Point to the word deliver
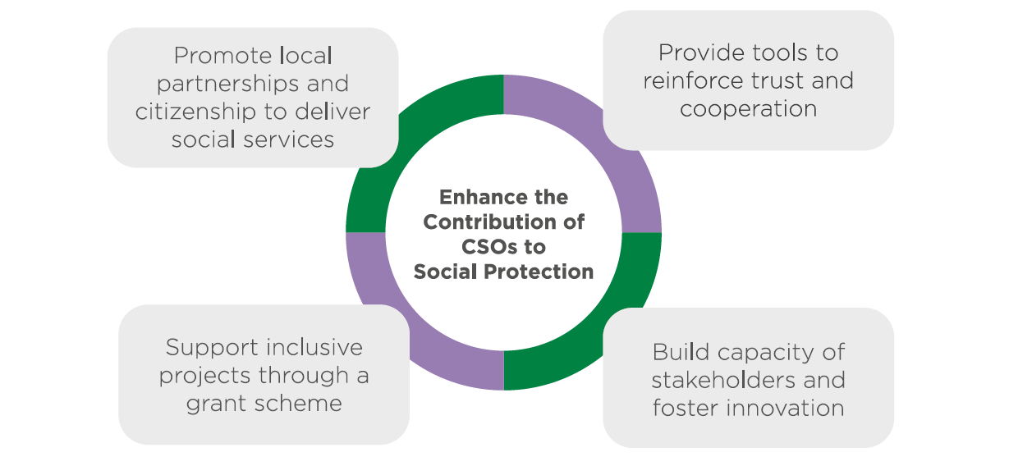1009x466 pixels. click(333, 112)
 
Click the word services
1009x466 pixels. click(289, 139)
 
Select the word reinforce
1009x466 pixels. click(693, 81)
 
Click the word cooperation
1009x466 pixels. click(748, 109)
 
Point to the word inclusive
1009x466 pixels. click(314, 348)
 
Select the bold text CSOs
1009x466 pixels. click(488, 247)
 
